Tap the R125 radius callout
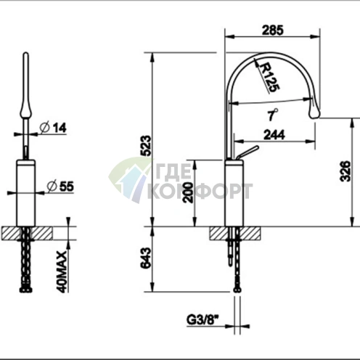pos(268,75)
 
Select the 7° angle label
pos(271,115)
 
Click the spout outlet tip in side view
pos(314,110)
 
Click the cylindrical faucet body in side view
pos(235,193)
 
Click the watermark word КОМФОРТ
pos(200,192)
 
